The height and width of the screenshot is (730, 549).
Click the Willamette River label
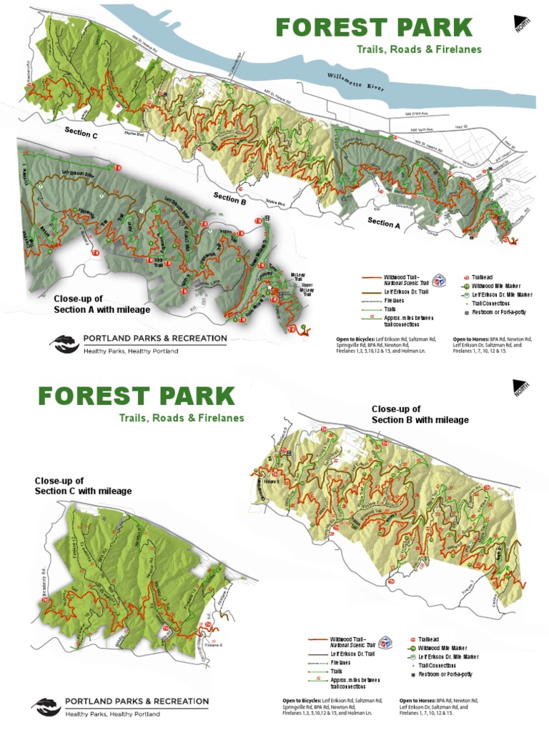point(355,81)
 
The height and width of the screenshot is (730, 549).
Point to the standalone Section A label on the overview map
point(380,222)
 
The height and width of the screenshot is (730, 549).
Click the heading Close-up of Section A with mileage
point(102,304)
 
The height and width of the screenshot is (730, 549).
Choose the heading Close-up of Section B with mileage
point(420,414)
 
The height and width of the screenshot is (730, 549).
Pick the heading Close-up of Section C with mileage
point(83,486)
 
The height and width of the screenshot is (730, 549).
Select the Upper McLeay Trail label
point(298,286)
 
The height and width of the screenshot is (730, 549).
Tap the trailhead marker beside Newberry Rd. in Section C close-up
point(47,601)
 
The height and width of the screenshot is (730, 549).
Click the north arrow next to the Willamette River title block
point(523,24)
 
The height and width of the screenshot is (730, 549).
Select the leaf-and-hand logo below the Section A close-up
point(64,344)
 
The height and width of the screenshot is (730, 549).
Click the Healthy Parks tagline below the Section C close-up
point(112,714)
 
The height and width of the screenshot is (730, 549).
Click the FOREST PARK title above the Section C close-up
point(136,396)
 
